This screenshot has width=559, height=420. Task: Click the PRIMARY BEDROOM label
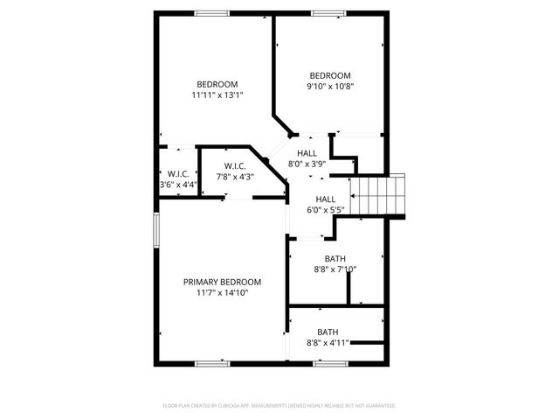[222, 282]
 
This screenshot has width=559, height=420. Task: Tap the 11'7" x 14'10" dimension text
[222, 293]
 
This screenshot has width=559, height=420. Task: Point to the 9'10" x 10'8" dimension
[330, 86]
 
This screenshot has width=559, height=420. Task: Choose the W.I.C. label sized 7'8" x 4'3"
[234, 166]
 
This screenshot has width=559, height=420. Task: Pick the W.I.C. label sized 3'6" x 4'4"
[178, 173]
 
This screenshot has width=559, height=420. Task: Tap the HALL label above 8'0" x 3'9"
[307, 153]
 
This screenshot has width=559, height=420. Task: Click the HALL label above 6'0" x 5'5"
[325, 199]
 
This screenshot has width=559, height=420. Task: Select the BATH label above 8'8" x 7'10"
[335, 258]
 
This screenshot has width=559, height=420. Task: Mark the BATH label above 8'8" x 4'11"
[328, 332]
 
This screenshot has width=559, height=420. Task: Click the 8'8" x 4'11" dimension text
[328, 342]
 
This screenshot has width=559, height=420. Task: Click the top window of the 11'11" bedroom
[207, 12]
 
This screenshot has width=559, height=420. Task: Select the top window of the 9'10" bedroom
[327, 12]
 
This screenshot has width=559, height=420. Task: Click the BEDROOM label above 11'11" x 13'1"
[217, 84]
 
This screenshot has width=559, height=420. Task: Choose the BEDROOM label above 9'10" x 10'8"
[330, 75]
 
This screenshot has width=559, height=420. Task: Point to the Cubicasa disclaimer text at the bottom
[279, 406]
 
